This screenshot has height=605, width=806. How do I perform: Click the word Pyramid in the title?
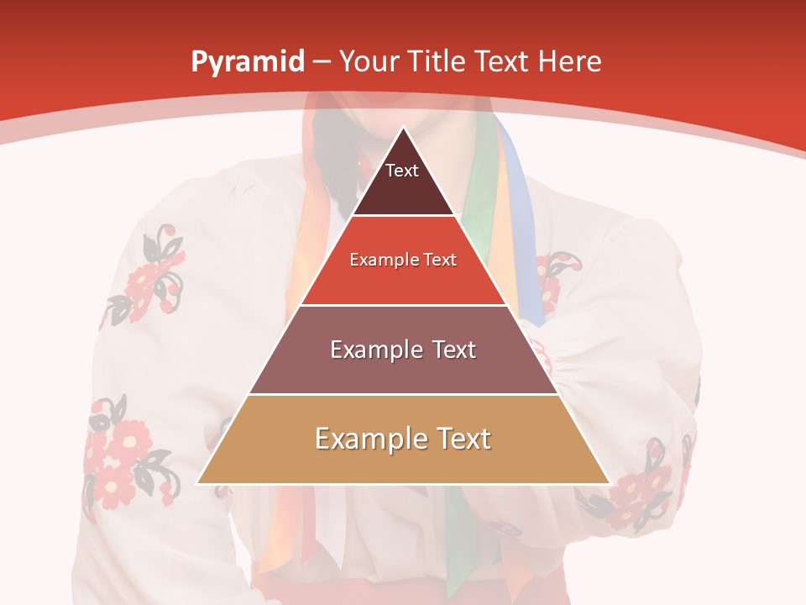pos(247,62)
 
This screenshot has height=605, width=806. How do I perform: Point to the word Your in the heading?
pos(369,61)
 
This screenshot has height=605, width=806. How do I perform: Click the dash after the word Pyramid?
pos(322,62)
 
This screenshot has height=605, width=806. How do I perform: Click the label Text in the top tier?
pos(401,171)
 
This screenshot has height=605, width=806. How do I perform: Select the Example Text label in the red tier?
pos(403,260)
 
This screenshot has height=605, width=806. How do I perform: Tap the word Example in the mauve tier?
pos(368,350)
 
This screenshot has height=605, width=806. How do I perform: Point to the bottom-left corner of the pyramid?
pos(198,482)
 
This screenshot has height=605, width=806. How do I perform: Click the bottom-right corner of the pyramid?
pos(608,482)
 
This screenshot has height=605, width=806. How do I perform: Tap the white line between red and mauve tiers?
pos(403,305)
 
